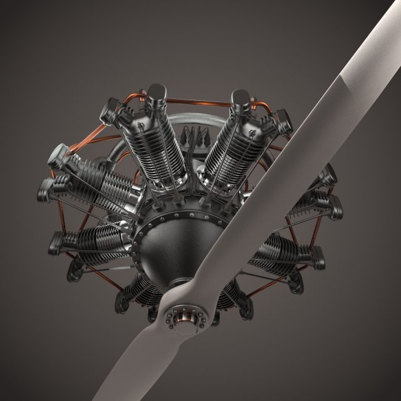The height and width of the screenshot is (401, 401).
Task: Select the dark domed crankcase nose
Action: [175, 251]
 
